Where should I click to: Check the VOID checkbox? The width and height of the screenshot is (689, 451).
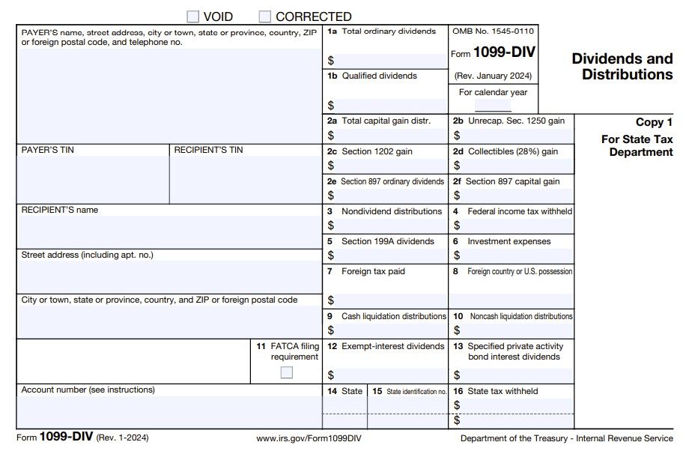pos(192,16)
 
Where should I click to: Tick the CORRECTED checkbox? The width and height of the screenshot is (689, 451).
pos(265,16)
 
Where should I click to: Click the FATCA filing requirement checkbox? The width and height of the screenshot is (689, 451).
pos(287,372)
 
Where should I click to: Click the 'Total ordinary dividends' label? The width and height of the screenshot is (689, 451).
pos(388,31)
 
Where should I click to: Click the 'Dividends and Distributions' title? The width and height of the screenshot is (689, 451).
pos(622,67)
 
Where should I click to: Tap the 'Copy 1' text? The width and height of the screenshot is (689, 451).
pos(654,122)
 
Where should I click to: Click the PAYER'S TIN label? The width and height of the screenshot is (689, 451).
pos(48,150)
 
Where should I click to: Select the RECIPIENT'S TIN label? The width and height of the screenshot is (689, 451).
pos(208,150)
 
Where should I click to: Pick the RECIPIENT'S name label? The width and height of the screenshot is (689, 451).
pos(60,210)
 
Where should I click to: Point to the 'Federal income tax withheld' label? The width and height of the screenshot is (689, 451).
pos(519,211)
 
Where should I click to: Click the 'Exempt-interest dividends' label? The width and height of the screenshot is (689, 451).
pos(392,346)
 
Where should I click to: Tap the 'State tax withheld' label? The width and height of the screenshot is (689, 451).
pos(503,391)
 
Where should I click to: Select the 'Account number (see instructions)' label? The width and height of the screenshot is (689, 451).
pos(88,390)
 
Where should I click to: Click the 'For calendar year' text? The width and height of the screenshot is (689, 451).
pos(493,92)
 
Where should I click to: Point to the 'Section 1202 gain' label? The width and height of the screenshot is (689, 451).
pos(377,151)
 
